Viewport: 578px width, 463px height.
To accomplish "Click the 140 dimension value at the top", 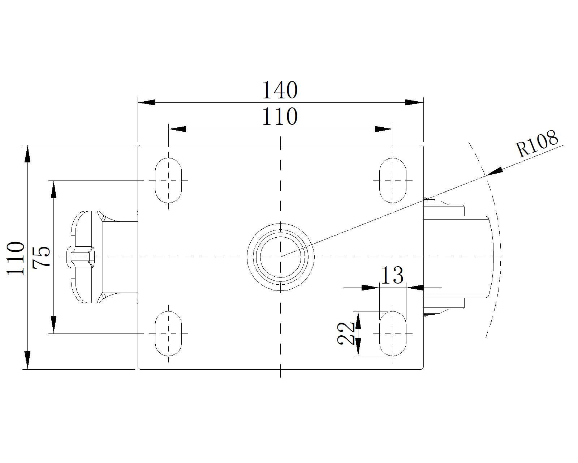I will tap(280, 90).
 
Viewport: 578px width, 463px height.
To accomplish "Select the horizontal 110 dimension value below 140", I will tap(280, 116).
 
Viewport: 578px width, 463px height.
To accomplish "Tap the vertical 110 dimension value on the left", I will tap(16, 258).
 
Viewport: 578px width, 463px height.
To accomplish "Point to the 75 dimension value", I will tap(41, 257).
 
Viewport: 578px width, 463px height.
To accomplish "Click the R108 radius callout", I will tap(537, 144).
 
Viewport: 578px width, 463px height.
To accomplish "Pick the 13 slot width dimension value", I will tap(392, 276).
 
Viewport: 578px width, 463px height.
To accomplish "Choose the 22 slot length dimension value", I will tap(346, 334).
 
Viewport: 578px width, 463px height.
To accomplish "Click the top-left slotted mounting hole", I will tap(168, 180).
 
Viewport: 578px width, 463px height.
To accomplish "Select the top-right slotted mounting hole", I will tap(393, 180).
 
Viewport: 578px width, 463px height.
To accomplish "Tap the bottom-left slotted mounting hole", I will tap(168, 333).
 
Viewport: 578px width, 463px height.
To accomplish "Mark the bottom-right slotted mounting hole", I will tap(393, 333).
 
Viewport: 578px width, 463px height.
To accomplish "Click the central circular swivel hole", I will tap(280, 256).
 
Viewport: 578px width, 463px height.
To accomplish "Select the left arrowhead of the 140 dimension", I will tap(147, 102).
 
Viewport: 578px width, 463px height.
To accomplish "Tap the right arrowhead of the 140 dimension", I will tap(414, 102).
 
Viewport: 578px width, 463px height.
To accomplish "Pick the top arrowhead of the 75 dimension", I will tap(53, 190).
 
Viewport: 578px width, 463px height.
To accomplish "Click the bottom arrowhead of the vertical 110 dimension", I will tap(27, 360).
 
